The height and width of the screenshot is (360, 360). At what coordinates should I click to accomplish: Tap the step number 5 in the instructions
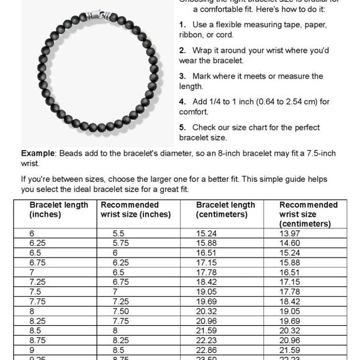pyautogui.click(x=181, y=128)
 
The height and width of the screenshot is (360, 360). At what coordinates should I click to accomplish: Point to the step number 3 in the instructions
pyautogui.click(x=181, y=76)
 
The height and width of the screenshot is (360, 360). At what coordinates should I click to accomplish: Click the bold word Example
pyautogui.click(x=38, y=153)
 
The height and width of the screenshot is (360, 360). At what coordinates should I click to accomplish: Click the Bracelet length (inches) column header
pyautogui.click(x=59, y=209)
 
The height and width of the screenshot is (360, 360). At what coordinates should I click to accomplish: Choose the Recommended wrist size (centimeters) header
pyautogui.click(x=308, y=214)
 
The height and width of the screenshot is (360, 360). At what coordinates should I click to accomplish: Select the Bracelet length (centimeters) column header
pyautogui.click(x=225, y=209)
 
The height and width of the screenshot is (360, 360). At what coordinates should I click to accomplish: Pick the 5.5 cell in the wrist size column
pyautogui.click(x=119, y=232)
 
